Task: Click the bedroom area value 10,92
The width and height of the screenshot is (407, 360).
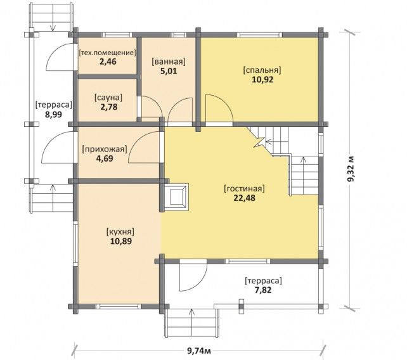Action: click(x=262, y=79)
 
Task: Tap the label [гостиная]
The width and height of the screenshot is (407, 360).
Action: click(x=244, y=188)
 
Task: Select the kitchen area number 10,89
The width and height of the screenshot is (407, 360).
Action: click(x=121, y=241)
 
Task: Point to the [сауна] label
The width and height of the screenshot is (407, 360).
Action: click(x=108, y=98)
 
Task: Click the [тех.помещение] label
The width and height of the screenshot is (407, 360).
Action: click(x=107, y=53)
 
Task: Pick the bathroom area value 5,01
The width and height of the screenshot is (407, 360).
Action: click(x=169, y=71)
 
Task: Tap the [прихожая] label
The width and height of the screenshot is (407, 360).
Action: click(x=105, y=149)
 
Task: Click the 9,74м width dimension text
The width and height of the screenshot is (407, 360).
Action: click(x=199, y=351)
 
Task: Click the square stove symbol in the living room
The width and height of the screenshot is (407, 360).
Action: click(x=176, y=196)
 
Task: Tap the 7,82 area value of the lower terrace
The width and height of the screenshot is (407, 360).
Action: click(x=263, y=290)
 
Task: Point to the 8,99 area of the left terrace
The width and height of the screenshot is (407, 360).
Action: click(x=53, y=115)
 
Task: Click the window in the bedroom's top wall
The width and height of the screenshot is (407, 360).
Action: click(x=261, y=34)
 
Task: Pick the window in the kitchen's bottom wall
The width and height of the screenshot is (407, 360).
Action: click(x=119, y=307)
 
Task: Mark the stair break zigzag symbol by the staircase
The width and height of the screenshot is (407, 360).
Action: click(x=260, y=142)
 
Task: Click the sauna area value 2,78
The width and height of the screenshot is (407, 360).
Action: click(x=109, y=106)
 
